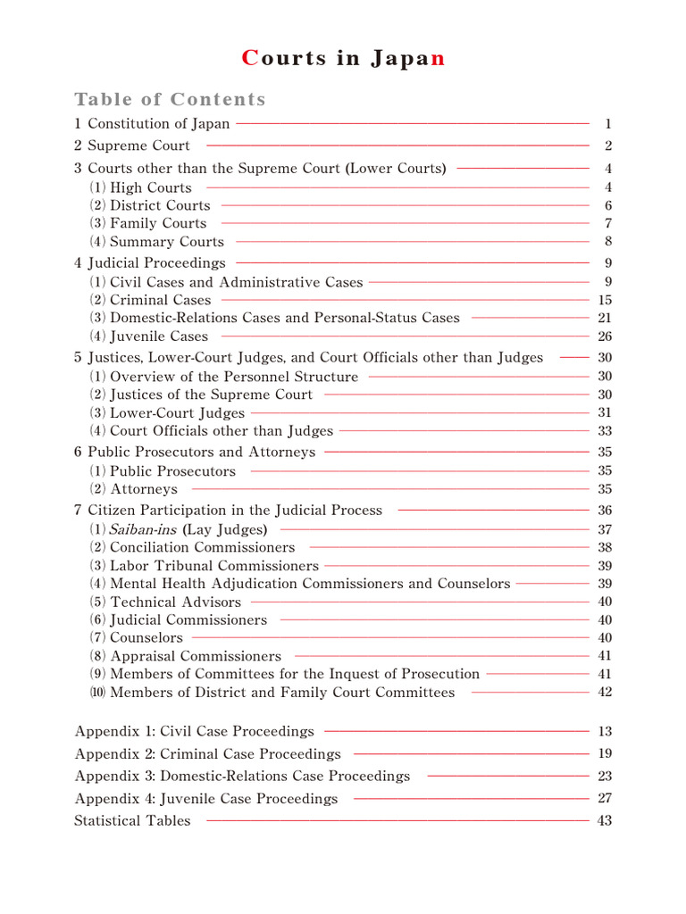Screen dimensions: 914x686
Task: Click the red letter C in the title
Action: (250, 59)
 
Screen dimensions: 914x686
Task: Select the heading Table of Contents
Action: (170, 99)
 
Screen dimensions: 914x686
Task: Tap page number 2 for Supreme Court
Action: (607, 146)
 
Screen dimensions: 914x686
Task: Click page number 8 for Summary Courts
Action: (607, 242)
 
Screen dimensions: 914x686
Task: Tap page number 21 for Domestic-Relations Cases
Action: (605, 318)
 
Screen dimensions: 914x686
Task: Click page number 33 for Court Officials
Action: (605, 431)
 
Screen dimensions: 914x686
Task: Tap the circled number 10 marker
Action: (96, 692)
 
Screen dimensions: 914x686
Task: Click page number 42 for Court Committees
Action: (605, 692)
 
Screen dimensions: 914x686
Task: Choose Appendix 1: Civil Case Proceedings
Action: (195, 732)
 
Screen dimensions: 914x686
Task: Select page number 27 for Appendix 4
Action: (605, 799)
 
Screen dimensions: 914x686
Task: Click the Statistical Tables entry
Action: (132, 821)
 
